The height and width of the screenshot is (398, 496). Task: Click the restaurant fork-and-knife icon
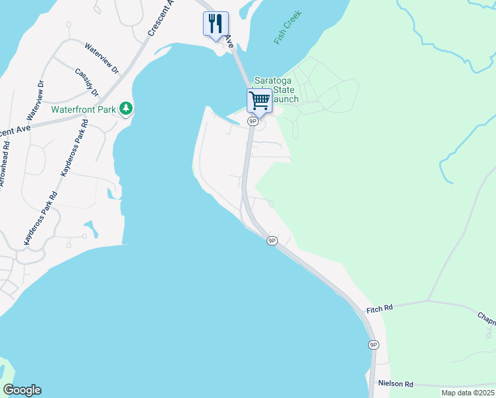coord(216,24)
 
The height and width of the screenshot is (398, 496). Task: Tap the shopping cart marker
coord(259,101)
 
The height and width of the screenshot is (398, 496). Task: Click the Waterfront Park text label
coord(84,109)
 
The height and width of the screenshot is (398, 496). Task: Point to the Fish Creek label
coord(287,28)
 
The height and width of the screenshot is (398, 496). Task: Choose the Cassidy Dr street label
coord(86,82)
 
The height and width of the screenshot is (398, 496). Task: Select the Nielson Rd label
coord(396,383)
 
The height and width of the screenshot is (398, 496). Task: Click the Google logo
coord(22,390)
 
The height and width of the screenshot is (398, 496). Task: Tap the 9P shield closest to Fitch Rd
coord(374,345)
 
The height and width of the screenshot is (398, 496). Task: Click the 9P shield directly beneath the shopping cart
coord(253,121)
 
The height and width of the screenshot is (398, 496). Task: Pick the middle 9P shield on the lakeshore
coord(272,240)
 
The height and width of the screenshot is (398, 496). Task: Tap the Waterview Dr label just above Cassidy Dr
coord(101,58)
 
